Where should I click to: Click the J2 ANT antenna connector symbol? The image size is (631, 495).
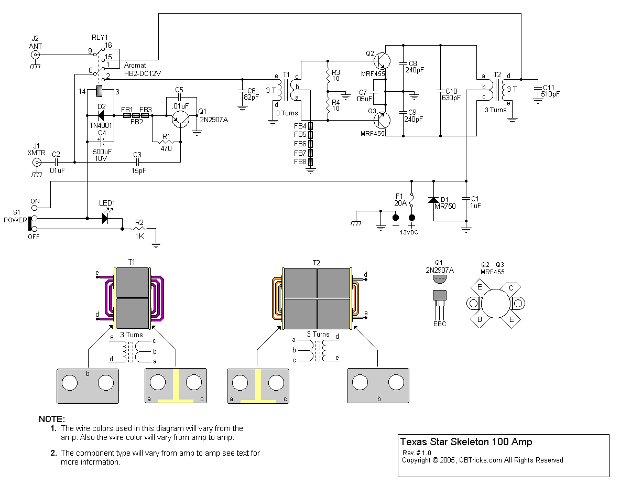pyautogui.click(x=36, y=55)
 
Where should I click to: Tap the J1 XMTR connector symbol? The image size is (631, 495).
pyautogui.click(x=37, y=163)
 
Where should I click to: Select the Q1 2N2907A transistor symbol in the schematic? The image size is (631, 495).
pyautogui.click(x=181, y=120)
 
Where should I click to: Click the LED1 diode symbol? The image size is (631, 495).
pyautogui.click(x=107, y=217)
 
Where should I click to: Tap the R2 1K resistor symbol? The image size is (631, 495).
pyautogui.click(x=139, y=229)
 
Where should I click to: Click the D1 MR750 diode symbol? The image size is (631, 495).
pyautogui.click(x=433, y=200)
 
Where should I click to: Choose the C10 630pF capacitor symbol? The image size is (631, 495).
pyautogui.click(x=441, y=90)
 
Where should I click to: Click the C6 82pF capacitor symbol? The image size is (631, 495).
pyautogui.click(x=242, y=90)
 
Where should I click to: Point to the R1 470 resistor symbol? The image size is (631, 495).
pyautogui.click(x=166, y=142)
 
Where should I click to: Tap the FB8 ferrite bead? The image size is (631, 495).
pyautogui.click(x=311, y=162)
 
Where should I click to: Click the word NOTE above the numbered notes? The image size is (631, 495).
pyautogui.click(x=52, y=419)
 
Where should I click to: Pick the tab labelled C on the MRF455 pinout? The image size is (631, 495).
pyautogui.click(x=510, y=287)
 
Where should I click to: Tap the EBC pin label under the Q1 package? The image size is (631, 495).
pyautogui.click(x=440, y=324)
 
